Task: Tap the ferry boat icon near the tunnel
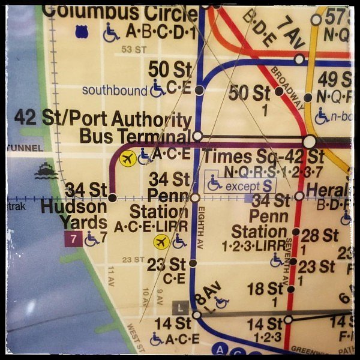tap(46, 172)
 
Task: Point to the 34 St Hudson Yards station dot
tap(112, 197)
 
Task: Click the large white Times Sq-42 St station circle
tap(310, 142)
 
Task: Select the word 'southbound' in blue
tap(114, 91)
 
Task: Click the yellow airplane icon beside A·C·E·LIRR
tap(160, 242)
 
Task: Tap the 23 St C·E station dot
tap(193, 263)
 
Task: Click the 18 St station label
tap(265, 288)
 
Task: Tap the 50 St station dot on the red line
tap(279, 91)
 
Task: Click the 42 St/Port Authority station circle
tap(197, 136)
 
